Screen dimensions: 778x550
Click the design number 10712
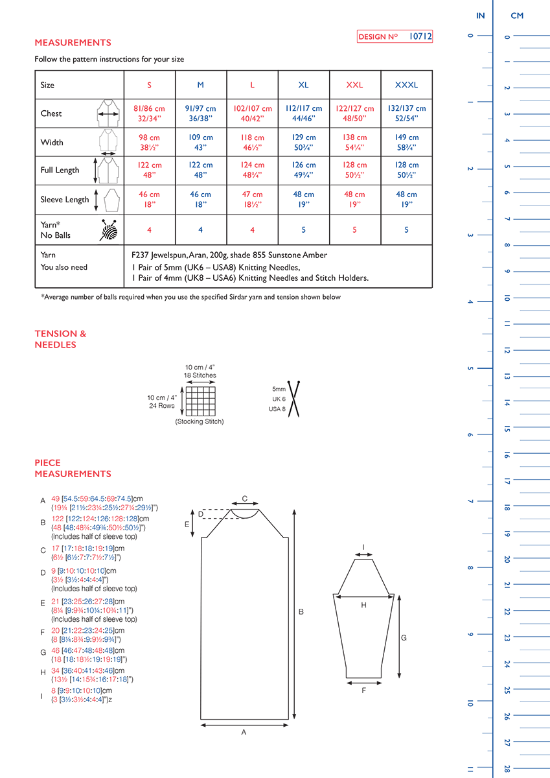coord(420,37)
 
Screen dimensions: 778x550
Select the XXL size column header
coord(354,85)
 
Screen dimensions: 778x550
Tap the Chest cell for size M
coord(201,113)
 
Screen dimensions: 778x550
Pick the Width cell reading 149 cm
coord(406,143)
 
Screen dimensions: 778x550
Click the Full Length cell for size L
coord(252,171)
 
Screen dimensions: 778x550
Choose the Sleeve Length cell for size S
coord(149,199)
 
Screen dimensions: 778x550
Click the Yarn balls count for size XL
coord(303,230)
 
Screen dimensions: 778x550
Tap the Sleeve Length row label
coord(65,200)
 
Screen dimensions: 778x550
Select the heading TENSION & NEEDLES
coord(60,339)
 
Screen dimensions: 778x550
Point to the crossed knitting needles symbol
coord(295,396)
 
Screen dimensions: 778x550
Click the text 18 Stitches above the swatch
coord(200,375)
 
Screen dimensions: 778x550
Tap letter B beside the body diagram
coord(301,611)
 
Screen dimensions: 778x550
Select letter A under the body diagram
coord(244,732)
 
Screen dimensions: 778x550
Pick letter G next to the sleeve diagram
coord(404,638)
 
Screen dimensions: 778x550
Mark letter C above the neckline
coord(244,499)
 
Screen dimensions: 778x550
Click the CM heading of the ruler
coord(517,16)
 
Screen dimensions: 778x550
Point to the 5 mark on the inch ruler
coord(469,368)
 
